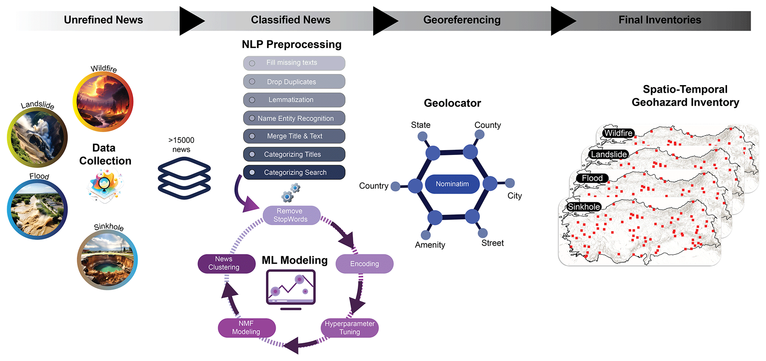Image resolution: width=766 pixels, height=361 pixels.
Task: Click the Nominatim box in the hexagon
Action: pyautogui.click(x=452, y=184)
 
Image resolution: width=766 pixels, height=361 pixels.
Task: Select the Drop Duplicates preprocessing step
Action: pyautogui.click(x=294, y=82)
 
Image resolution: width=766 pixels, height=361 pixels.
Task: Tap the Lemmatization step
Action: pyautogui.click(x=294, y=100)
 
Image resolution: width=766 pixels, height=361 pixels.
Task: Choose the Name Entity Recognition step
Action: pyautogui.click(x=294, y=118)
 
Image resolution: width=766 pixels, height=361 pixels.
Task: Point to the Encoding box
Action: pyautogui.click(x=364, y=264)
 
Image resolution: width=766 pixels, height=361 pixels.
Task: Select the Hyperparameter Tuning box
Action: pyautogui.click(x=349, y=328)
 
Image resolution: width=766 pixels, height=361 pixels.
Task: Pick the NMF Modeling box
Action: pyautogui.click(x=246, y=328)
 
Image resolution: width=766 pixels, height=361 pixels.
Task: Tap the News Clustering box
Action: pyautogui.click(x=226, y=263)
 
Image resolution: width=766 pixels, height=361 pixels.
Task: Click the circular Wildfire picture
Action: pyautogui.click(x=103, y=101)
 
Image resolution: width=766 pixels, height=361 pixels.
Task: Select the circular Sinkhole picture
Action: pyautogui.click(x=107, y=260)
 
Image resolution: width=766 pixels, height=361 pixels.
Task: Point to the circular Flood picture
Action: pyautogui.click(x=37, y=209)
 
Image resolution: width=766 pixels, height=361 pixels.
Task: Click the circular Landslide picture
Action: pyautogui.click(x=37, y=138)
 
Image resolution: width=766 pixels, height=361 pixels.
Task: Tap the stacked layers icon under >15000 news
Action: pyautogui.click(x=184, y=178)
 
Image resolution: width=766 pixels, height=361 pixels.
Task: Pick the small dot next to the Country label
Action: pyautogui.click(x=395, y=186)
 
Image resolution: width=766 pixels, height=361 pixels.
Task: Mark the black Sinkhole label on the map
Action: pyautogui.click(x=584, y=207)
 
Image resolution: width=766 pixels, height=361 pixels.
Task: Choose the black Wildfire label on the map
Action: pyautogui.click(x=618, y=133)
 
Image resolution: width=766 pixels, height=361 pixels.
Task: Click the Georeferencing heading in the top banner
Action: pyautogui.click(x=462, y=20)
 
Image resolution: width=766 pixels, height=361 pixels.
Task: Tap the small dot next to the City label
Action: pyautogui.click(x=510, y=183)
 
